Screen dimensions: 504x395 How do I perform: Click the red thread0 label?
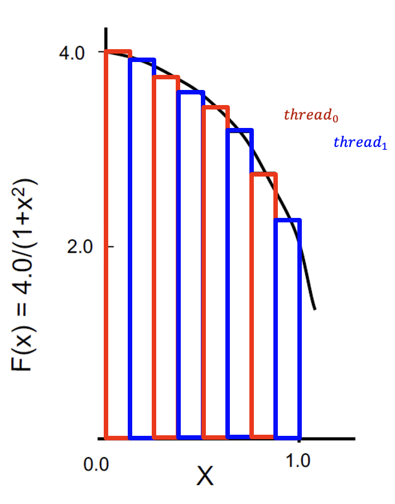pos(311,116)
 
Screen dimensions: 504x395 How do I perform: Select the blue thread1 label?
pos(360,143)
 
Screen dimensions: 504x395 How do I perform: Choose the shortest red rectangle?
pos(263,305)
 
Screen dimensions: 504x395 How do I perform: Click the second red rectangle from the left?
pos(166,256)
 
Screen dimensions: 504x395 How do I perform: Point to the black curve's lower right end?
pos(315,308)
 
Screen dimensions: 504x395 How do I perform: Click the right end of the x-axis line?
pos(354,438)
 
